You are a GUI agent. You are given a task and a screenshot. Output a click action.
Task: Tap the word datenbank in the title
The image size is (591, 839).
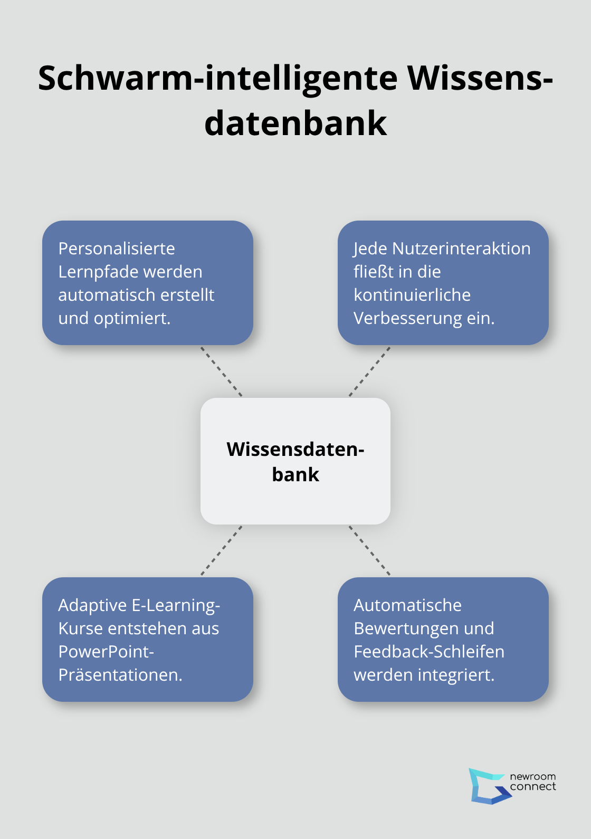pos(295,123)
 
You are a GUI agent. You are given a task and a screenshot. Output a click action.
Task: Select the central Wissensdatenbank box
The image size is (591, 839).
pos(295,461)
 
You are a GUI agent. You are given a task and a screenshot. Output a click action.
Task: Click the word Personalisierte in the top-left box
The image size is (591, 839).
pos(116,249)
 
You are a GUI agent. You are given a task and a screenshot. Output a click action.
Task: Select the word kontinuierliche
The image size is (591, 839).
pos(412,295)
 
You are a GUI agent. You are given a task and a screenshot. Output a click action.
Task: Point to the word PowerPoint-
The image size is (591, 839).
pos(106,652)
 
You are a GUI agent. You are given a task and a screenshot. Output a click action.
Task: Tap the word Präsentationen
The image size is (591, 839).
pos(120,675)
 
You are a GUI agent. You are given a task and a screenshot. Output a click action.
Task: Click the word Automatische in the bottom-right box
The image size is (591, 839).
pos(407,605)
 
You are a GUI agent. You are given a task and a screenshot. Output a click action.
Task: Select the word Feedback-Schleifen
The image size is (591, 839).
pos(429,652)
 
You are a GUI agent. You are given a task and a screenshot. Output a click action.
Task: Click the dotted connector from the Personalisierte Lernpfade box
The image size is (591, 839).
pos(222,371)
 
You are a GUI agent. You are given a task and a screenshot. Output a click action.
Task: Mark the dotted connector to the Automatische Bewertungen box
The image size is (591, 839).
pos(369,550)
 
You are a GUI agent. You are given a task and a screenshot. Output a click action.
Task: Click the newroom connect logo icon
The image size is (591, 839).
pos(488,786)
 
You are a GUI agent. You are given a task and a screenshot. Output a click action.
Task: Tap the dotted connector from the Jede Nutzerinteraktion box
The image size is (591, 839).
pos(369,371)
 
